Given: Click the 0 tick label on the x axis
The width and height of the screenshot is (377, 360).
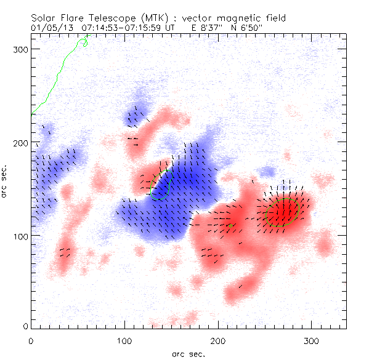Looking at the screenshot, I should tap(31, 340).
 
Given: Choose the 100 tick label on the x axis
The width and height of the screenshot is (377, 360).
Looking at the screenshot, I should tap(124, 340).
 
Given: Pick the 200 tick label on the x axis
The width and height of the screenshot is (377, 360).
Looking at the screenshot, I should tap(218, 340).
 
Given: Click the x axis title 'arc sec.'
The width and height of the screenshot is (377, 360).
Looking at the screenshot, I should tap(188, 353).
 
